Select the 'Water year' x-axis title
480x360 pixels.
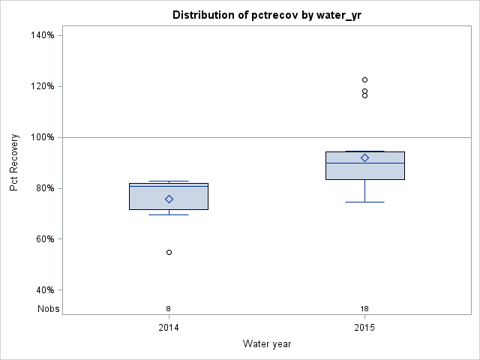click(267, 344)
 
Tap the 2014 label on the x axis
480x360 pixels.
click(169, 328)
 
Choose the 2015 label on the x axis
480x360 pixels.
click(364, 328)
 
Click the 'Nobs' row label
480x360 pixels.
click(49, 309)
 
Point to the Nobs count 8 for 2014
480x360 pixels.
click(169, 309)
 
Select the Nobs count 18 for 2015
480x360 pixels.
click(364, 309)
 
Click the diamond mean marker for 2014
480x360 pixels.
click(169, 199)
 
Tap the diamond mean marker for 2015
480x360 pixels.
click(364, 157)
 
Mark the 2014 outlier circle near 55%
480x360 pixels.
click(169, 252)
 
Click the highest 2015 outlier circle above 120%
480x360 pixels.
click(364, 79)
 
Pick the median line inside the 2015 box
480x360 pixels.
click(364, 163)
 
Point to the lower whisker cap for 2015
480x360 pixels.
click(364, 202)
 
